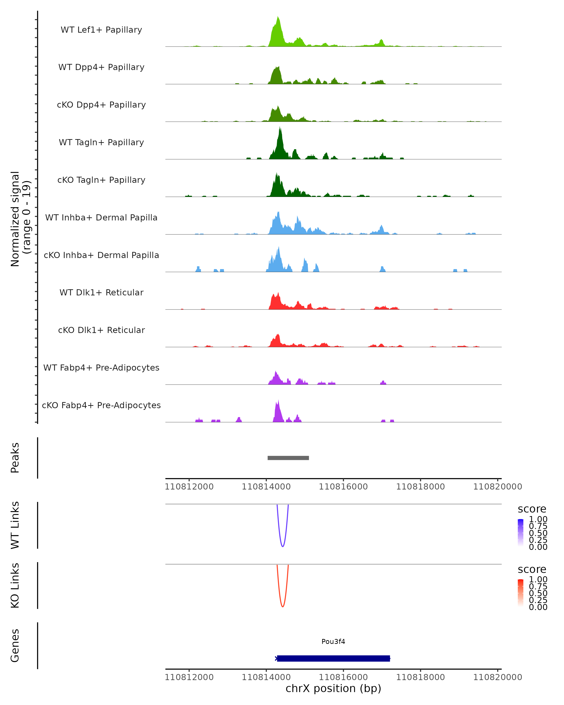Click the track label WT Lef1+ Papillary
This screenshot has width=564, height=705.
[x=101, y=30]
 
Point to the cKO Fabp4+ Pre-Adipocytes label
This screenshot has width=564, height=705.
[x=101, y=405]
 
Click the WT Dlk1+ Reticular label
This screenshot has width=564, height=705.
[x=101, y=293]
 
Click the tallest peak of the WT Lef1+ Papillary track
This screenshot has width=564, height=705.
[x=278, y=17]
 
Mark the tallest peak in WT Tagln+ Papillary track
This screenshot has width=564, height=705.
[x=280, y=128]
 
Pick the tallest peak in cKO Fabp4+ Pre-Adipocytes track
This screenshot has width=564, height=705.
[x=278, y=401]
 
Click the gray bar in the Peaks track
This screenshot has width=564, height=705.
[x=288, y=458]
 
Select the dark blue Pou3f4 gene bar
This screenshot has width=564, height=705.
[x=333, y=658]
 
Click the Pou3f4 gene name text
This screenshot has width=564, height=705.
[x=333, y=642]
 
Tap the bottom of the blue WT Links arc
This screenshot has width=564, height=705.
[x=282, y=546]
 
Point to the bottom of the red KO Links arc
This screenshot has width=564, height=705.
[x=282, y=607]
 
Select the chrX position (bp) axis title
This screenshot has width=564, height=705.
[x=333, y=688]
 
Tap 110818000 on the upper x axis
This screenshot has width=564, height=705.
[x=420, y=487]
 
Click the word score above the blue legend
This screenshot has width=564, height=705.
[x=532, y=509]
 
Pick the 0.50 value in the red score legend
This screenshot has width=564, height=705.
[x=538, y=593]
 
